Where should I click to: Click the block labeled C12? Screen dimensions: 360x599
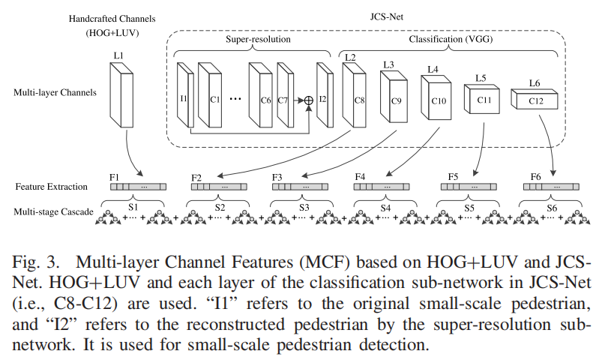pos(535,101)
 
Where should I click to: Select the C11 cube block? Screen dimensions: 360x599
pos(483,99)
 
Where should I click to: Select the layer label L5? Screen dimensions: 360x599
pos(481,77)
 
